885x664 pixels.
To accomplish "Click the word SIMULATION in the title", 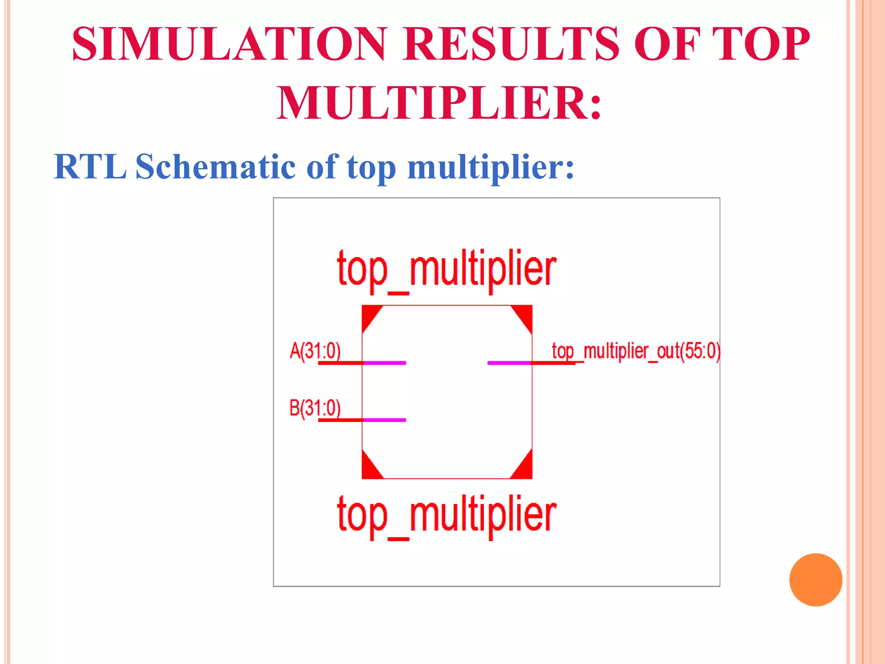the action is (x=229, y=44).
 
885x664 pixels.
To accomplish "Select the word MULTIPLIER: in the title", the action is (x=439, y=103).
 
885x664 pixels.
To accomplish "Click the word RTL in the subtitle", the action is (x=90, y=167).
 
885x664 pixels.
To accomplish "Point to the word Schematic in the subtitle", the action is (x=216, y=167).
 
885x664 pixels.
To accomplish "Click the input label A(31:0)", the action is (x=315, y=351).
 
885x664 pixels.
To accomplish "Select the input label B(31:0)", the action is (x=315, y=408).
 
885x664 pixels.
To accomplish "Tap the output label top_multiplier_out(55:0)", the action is (x=636, y=351).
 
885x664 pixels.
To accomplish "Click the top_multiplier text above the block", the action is (x=446, y=269).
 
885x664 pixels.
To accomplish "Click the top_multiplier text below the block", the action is (x=446, y=515).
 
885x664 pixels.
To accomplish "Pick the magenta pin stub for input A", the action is (x=384, y=363).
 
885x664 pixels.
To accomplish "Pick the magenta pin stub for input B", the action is (x=384, y=420).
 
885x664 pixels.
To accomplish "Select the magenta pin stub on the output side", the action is (x=509, y=363).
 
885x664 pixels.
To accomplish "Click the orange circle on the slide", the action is (x=815, y=580).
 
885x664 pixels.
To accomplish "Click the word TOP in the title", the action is (x=761, y=44).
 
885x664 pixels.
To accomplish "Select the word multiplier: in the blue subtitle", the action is (x=490, y=167).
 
